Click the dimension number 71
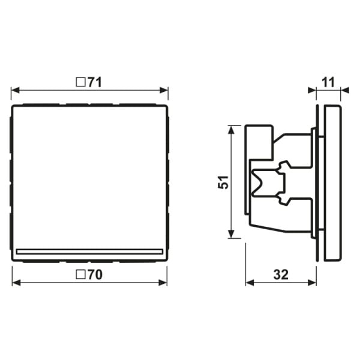[94, 82]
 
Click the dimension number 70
[95, 275]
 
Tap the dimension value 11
[328, 82]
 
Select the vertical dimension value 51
[223, 182]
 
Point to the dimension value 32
[281, 275]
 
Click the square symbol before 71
[80, 82]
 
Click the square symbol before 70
[80, 274]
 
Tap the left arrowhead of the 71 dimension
[16, 90]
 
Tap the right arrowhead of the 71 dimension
[164, 90]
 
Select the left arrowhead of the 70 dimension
[17, 283]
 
